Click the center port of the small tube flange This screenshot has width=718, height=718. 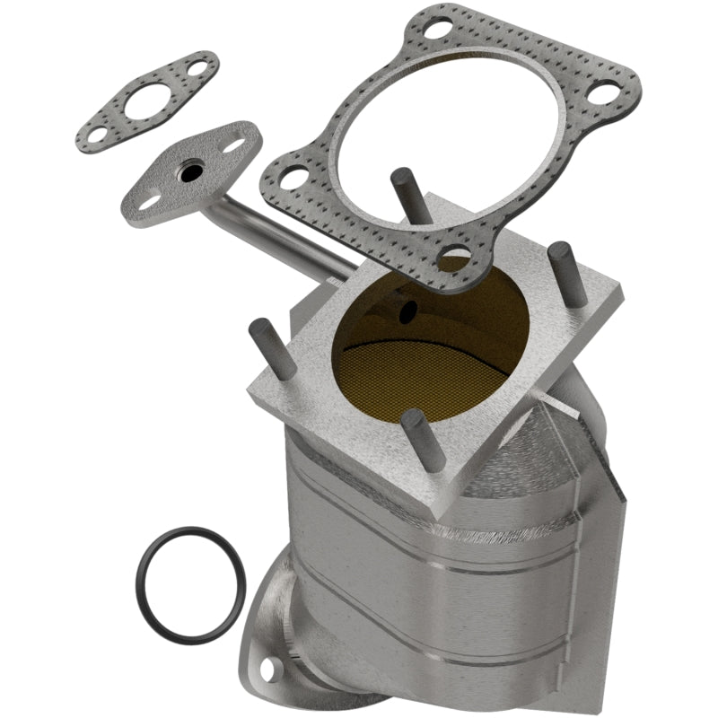click(x=189, y=174)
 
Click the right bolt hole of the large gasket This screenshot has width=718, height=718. click(x=608, y=92)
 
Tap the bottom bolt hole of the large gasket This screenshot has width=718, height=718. click(x=455, y=257)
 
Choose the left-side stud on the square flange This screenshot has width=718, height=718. click(x=263, y=346)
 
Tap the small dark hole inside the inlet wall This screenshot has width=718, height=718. click(x=408, y=311)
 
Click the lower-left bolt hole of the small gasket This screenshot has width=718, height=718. click(x=92, y=135)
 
